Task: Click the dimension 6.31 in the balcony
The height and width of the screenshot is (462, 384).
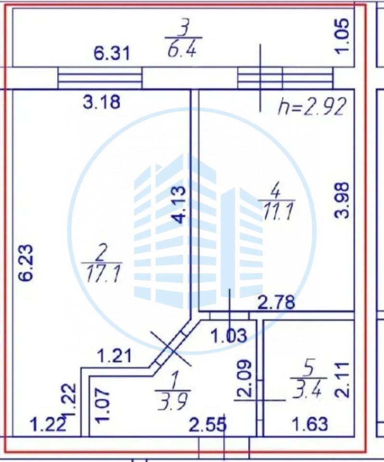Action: pos(111,54)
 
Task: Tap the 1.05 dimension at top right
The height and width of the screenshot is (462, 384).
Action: pos(343,36)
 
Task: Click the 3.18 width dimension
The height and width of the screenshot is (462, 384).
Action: pos(102,102)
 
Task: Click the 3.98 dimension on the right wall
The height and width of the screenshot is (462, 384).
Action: pos(343,200)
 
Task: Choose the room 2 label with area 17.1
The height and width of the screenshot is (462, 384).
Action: pos(102,267)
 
